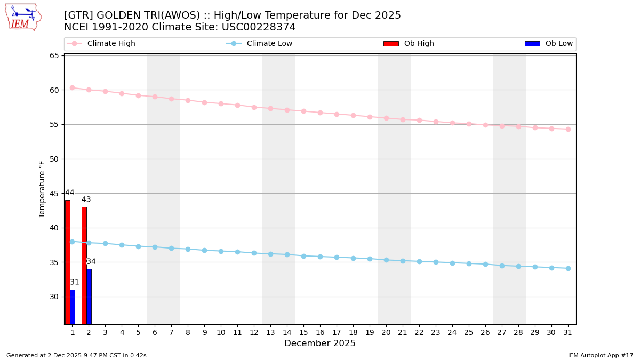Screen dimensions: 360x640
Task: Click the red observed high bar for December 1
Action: tap(68, 262)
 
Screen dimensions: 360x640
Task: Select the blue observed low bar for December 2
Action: tap(89, 297)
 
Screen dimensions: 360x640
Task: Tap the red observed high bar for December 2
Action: tap(84, 266)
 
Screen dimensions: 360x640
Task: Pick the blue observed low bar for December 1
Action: tap(73, 307)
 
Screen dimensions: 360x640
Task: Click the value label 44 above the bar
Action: tap(70, 193)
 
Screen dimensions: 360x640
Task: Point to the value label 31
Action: tap(75, 282)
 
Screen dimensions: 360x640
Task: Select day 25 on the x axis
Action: tap(469, 332)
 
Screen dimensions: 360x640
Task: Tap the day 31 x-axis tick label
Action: tap(568, 332)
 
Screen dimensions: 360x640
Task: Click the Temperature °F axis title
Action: tap(42, 189)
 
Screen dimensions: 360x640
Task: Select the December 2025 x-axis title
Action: tap(320, 343)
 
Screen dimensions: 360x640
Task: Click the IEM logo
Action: tap(23, 17)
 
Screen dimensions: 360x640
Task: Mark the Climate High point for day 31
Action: tap(568, 129)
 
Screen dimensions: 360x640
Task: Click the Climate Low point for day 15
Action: tap(303, 256)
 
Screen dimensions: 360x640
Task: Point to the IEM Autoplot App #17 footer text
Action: tap(601, 355)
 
